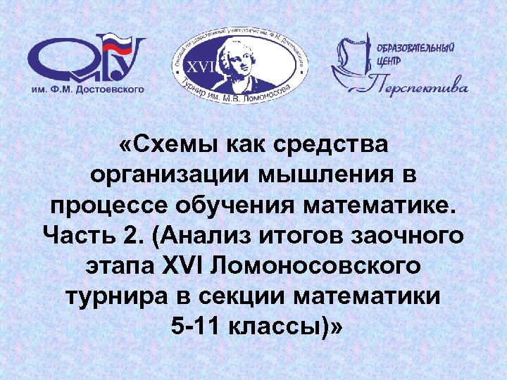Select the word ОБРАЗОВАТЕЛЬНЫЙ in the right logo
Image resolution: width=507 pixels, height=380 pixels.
click(421, 48)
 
